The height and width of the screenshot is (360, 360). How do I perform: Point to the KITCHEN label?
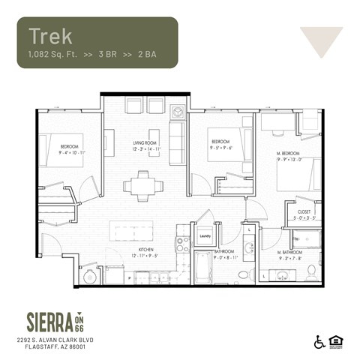(145, 250)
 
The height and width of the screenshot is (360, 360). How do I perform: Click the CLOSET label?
(304, 211)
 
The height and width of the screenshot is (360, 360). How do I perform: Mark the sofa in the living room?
(177, 138)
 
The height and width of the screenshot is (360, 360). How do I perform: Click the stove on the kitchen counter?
(180, 244)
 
